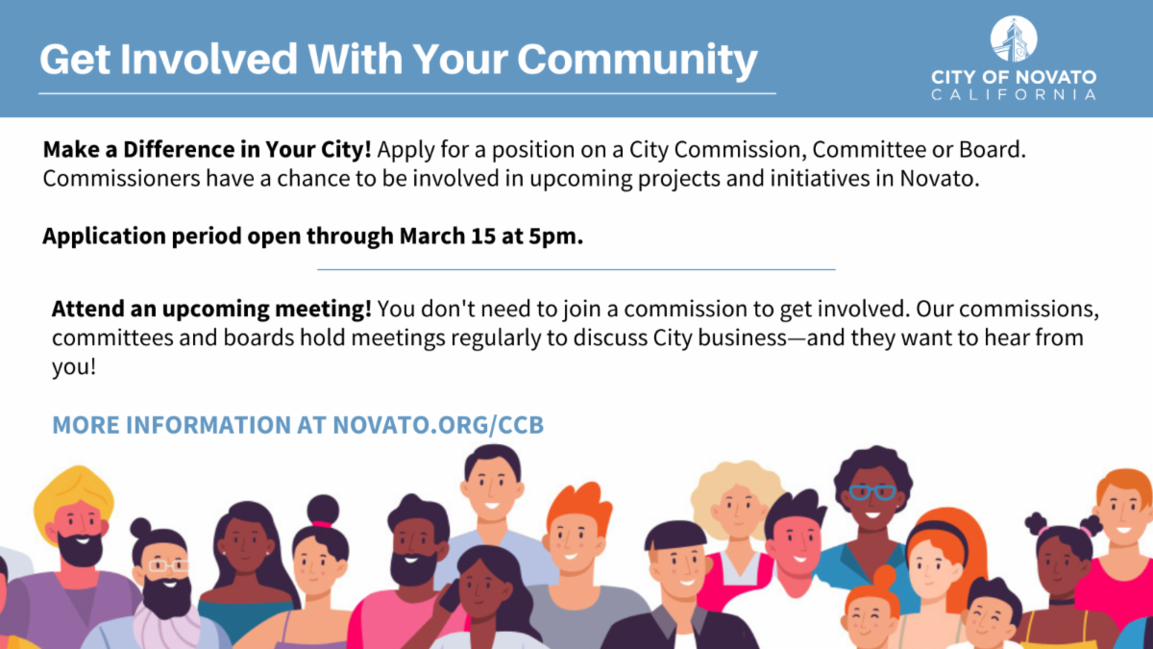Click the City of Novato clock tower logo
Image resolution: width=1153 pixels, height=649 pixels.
[x=1014, y=40]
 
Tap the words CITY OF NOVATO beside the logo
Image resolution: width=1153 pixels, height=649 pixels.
[x=1014, y=77]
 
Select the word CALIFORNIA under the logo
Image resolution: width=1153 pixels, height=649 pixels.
[x=1014, y=94]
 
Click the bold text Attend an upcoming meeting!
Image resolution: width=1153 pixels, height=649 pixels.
[x=211, y=311]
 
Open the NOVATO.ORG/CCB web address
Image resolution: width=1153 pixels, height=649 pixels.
[x=438, y=424]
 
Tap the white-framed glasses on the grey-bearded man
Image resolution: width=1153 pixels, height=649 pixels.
[x=168, y=565]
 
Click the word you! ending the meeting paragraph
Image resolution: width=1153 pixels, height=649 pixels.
[x=74, y=368]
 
